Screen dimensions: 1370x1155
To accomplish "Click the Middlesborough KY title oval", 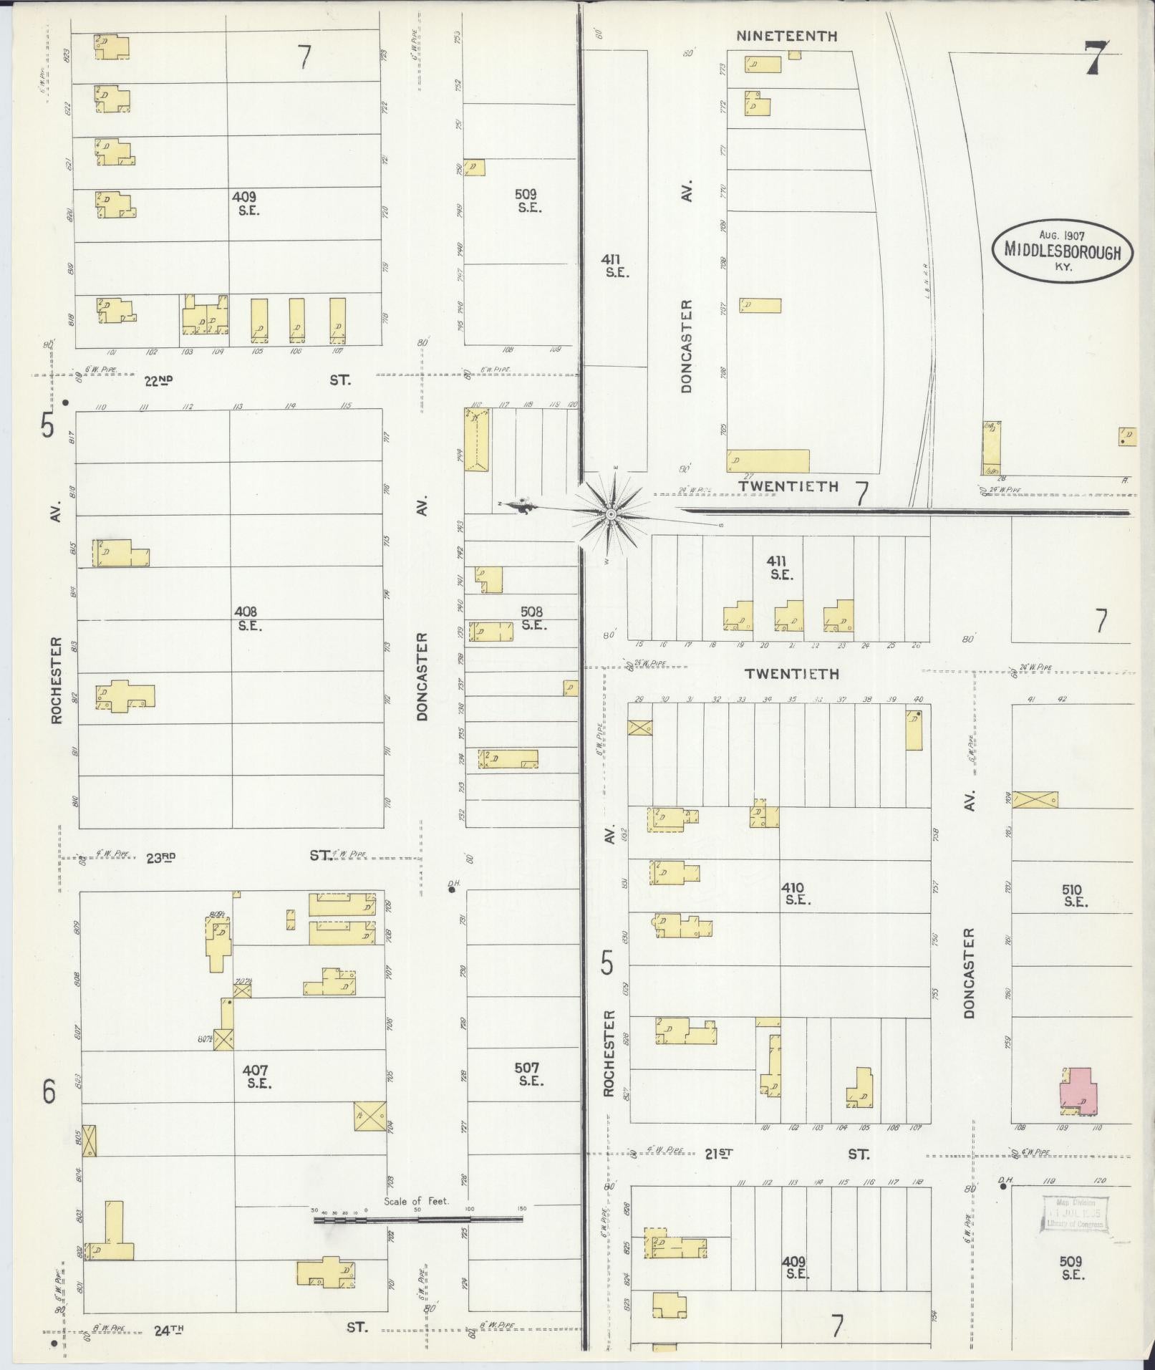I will coord(1062,250).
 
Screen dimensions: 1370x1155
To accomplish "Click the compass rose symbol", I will coord(611,513).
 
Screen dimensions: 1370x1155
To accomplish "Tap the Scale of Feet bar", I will coord(417,1218).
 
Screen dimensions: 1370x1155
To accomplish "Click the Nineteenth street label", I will coord(786,36).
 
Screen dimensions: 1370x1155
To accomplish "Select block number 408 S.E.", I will coord(248,618).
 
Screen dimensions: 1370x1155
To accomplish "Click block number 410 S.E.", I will coord(796,894).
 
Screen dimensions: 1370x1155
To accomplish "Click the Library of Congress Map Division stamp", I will coord(1074,1214).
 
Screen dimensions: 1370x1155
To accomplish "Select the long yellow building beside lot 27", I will coord(768,460).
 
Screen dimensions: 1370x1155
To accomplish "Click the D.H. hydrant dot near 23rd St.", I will coord(452,891).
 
